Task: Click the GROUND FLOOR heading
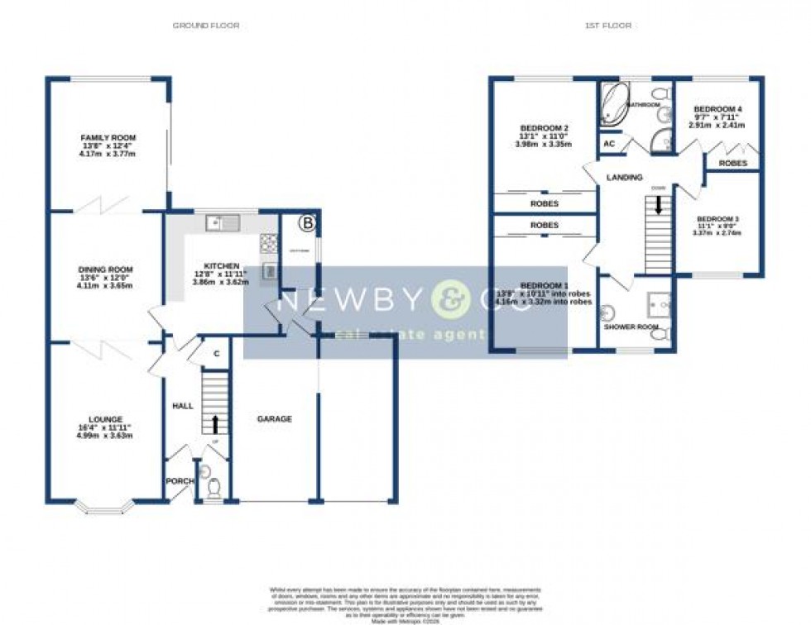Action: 206,26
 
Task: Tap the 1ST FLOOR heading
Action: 608,26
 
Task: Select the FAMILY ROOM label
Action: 108,138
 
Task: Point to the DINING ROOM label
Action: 105,270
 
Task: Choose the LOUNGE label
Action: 108,419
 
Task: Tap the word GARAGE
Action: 274,419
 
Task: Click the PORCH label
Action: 180,481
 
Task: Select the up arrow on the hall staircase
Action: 216,425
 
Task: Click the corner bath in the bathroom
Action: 613,103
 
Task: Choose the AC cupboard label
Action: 609,144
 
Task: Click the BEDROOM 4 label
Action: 717,109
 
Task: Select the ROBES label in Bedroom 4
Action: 732,164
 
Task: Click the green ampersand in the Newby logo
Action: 452,302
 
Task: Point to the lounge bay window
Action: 103,508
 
